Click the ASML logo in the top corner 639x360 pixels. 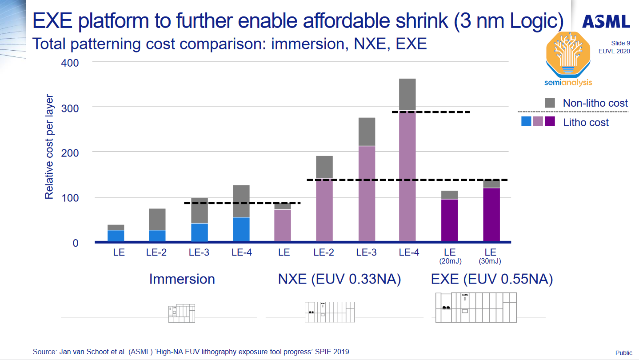[606, 21]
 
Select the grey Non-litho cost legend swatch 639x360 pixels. [550, 103]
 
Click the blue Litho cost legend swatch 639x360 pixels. [526, 122]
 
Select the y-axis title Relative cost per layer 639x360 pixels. [49, 147]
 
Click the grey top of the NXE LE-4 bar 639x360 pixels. [407, 94]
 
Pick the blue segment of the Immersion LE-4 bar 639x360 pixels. [241, 229]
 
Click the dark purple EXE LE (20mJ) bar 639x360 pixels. [450, 220]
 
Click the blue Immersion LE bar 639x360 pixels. [116, 236]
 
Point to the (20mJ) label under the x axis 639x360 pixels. [450, 261]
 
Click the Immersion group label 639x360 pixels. [182, 279]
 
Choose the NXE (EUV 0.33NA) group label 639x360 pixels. [339, 279]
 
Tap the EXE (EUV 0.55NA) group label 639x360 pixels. [492, 279]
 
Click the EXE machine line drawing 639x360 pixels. [475, 307]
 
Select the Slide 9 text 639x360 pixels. [620, 43]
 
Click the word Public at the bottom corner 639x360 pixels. [623, 353]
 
